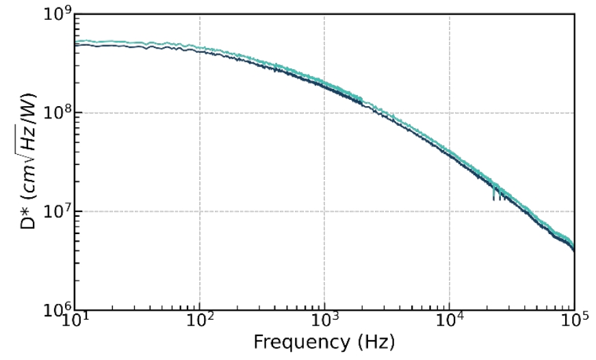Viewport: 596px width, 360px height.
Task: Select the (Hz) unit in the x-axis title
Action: point(377,341)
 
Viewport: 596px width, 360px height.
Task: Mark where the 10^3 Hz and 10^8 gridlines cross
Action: point(324,113)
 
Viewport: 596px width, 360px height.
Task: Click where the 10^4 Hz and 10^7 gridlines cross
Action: point(450,211)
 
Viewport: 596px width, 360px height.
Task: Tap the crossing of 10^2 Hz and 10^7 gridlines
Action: point(200,211)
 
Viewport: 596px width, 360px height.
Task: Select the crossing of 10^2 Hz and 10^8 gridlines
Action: point(200,113)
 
